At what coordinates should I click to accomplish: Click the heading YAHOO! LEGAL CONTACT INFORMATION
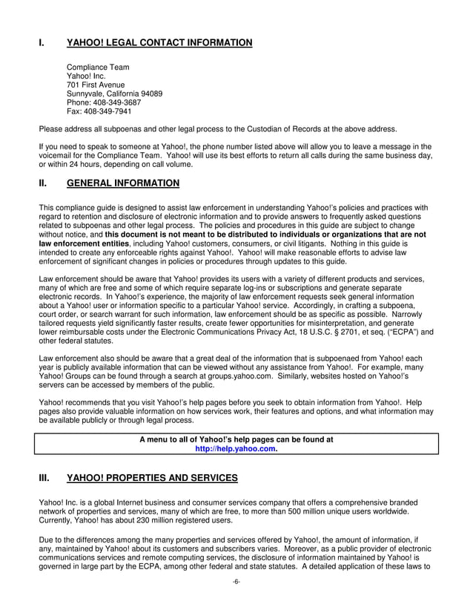[x=159, y=43]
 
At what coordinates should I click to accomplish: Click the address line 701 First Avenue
[x=96, y=85]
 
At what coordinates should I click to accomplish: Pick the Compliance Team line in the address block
[x=98, y=67]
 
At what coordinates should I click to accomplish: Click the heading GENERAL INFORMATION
[x=122, y=183]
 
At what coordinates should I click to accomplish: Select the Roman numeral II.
[x=43, y=183]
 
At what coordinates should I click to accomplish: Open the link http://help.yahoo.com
[x=236, y=449]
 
